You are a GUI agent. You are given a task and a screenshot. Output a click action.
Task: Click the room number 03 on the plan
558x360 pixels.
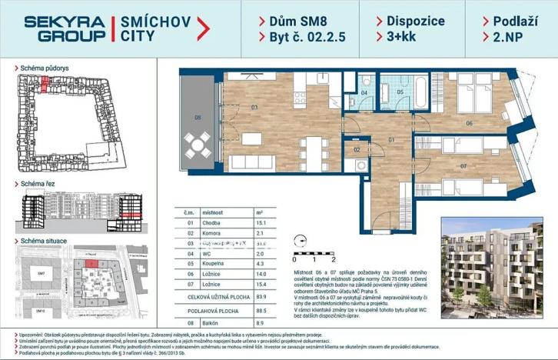pos(253,108)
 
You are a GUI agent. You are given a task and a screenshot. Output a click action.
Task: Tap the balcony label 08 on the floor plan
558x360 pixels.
pos(198,118)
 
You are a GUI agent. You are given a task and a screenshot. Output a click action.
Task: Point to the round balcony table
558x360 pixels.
pos(199,143)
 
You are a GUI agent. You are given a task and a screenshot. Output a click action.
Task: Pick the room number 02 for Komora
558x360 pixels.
pos(357,149)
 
